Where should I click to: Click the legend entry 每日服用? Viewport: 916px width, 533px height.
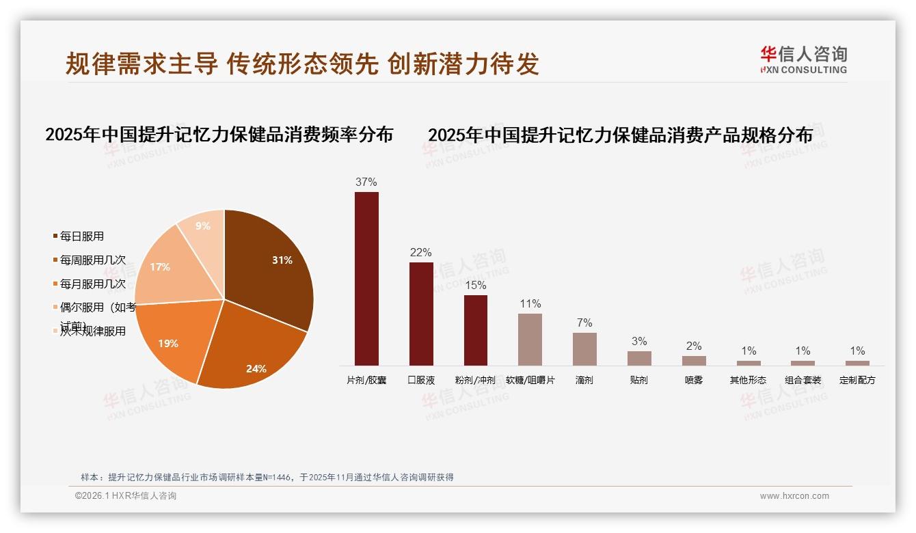coord(81,236)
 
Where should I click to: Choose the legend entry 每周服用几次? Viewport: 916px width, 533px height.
coord(92,260)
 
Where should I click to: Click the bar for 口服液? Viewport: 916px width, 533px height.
coord(421,314)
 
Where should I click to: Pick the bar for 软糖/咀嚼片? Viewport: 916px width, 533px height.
coord(530,340)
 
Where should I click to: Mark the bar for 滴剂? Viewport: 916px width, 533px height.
coord(584,349)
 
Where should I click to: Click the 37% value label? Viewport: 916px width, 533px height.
coord(366,182)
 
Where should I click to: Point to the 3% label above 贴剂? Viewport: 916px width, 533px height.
coord(639,342)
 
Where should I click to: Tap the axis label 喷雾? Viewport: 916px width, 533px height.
coord(694,380)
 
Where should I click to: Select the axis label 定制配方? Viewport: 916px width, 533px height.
coord(857,380)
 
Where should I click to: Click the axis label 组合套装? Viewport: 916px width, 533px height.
coord(803,380)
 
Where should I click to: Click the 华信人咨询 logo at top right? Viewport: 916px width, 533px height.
coord(803,59)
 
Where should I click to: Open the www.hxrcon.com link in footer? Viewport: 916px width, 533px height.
coord(794,496)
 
